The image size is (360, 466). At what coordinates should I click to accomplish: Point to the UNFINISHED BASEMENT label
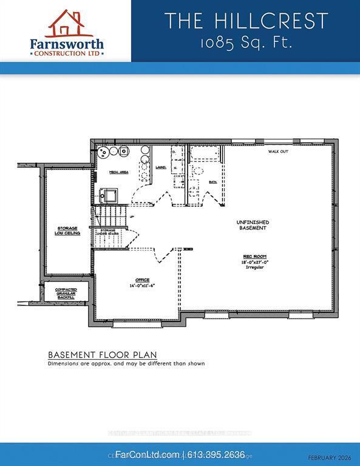click(252, 225)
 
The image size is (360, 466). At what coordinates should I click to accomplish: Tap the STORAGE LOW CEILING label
click(69, 230)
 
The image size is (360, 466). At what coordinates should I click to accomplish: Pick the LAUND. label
click(161, 167)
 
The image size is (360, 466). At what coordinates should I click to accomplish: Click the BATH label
click(213, 181)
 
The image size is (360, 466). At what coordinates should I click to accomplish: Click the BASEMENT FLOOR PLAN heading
click(102, 354)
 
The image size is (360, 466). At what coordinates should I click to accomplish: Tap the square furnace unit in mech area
click(109, 195)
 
